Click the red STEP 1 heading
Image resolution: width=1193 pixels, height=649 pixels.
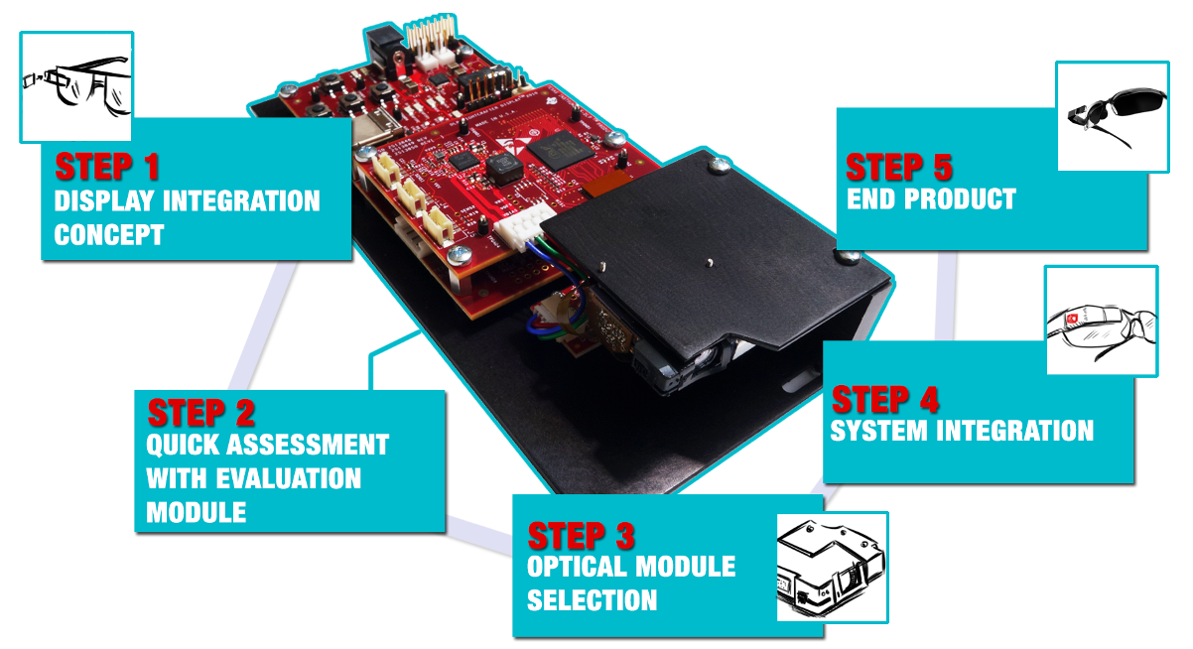tap(106, 166)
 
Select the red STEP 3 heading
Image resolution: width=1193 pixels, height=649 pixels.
tap(580, 537)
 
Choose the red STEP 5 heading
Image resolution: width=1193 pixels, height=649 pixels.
tap(899, 167)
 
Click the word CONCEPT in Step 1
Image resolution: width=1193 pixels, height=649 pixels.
tap(108, 236)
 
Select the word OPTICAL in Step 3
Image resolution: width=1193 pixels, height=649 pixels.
tap(579, 568)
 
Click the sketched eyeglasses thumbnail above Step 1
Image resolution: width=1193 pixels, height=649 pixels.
tap(76, 86)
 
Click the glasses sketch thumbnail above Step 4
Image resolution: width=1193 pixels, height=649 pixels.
tap(1102, 322)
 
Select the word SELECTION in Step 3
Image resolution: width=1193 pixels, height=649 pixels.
tap(592, 600)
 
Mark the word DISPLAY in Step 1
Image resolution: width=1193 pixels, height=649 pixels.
tap(104, 201)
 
